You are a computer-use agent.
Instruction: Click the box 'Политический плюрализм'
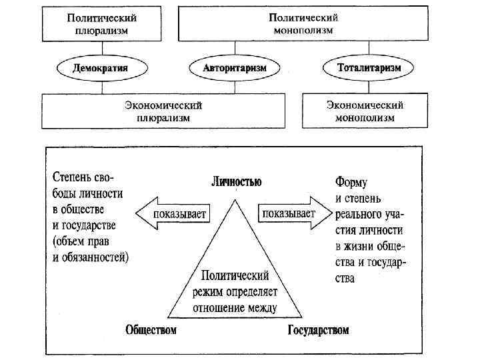pos(107,25)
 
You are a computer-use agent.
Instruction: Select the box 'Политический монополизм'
pos(303,25)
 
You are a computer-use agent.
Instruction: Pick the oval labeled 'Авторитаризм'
pos(234,68)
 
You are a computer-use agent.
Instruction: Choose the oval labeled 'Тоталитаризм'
pos(360,68)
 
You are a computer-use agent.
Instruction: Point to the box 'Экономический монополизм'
pos(365,111)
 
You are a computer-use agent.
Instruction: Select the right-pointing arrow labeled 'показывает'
pos(294,214)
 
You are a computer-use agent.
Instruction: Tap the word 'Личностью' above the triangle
pos(236,181)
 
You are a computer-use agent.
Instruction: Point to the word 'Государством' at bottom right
pos(318,330)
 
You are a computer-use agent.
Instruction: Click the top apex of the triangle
pos(235,196)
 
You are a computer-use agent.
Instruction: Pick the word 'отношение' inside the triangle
pos(221,307)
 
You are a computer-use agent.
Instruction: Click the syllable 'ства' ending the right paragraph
pos(345,278)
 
